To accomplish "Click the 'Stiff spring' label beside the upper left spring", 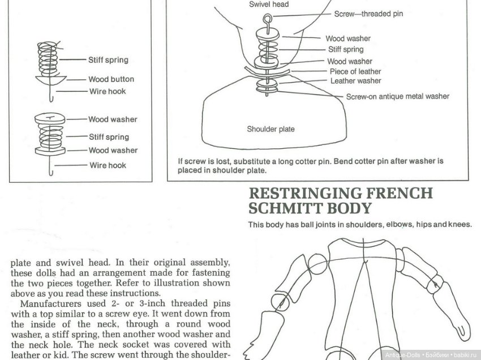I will (108, 60).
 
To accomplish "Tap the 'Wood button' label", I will (111, 79).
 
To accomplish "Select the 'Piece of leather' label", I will (355, 71).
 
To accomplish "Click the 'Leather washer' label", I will (356, 81).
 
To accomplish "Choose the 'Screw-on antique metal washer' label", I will (397, 96).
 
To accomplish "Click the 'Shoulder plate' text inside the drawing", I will (270, 129).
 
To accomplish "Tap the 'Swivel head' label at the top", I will (269, 5).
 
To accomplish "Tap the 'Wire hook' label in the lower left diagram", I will (108, 165).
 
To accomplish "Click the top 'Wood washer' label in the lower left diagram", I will (113, 119).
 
